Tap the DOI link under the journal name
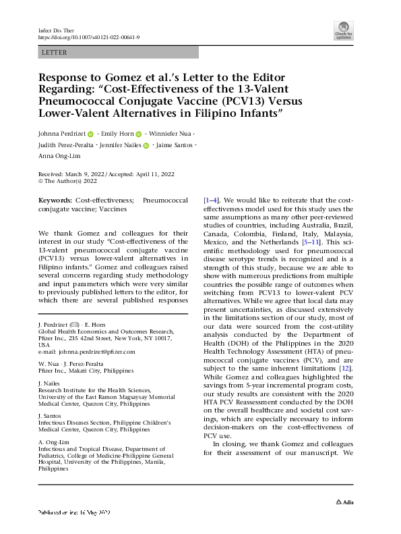[x=89, y=38]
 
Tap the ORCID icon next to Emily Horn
[x=139, y=134]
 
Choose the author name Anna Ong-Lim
[x=62, y=157]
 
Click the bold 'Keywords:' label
[x=55, y=201]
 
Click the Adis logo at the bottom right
[x=346, y=522]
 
